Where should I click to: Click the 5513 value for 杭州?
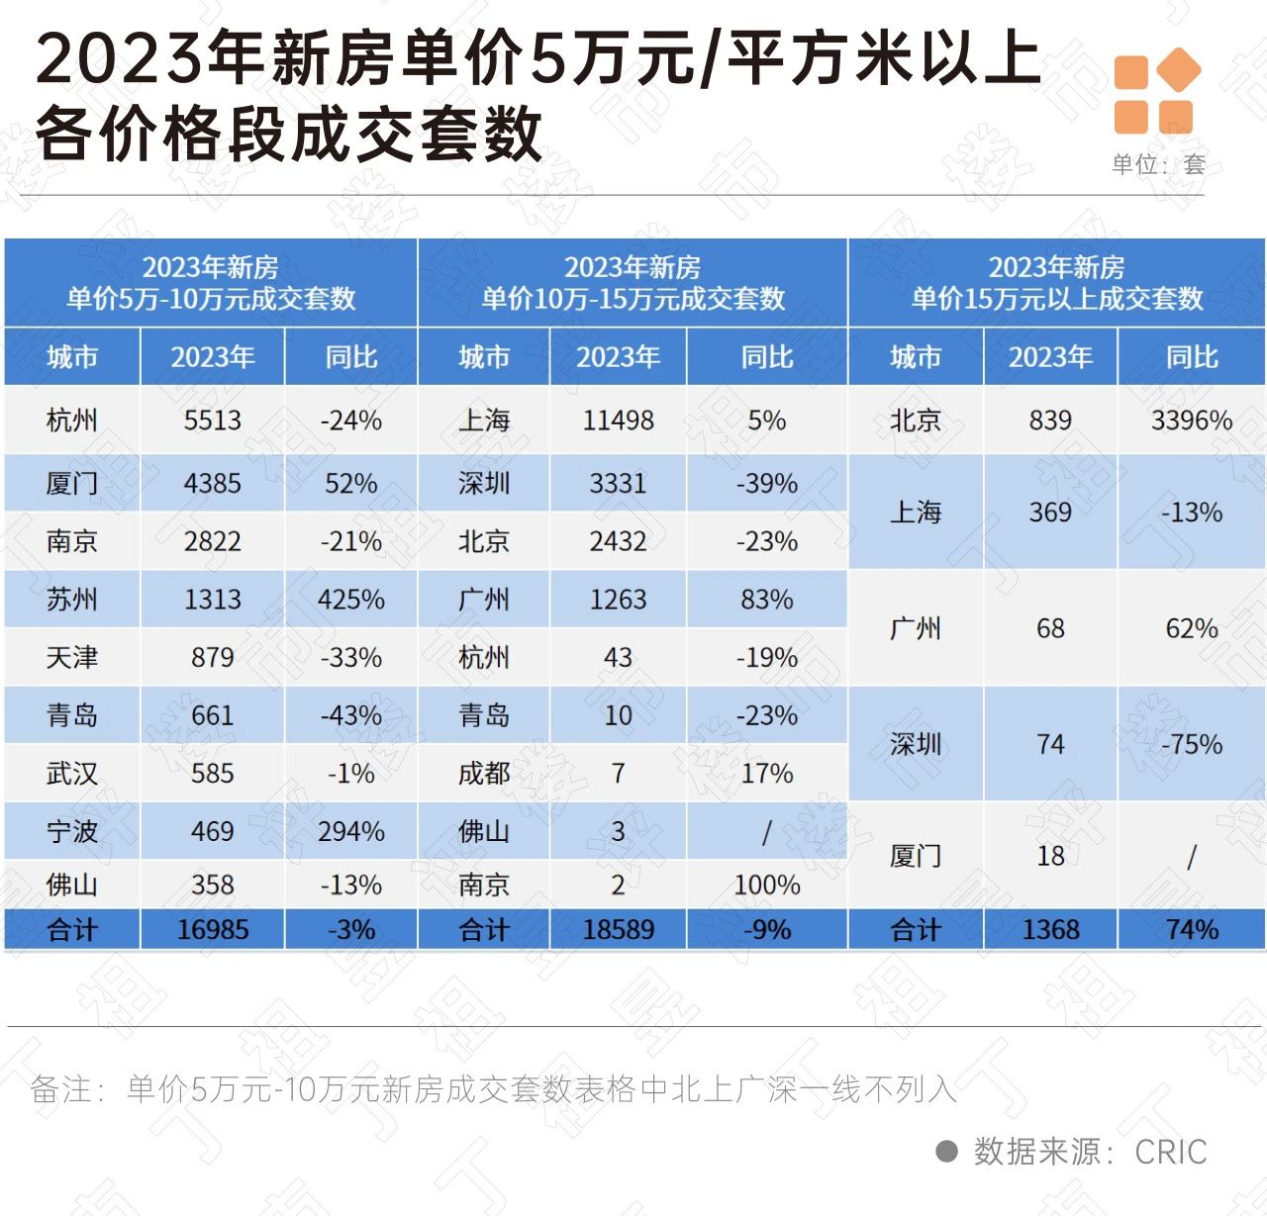pyautogui.click(x=212, y=421)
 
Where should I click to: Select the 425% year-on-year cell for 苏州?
pyautogui.click(x=350, y=600)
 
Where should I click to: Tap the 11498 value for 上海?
pyautogui.click(x=618, y=421)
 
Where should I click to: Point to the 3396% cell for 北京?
pyautogui.click(x=1191, y=421)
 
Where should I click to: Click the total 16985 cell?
pyautogui.click(x=212, y=930)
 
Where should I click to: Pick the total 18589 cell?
pyautogui.click(x=618, y=930)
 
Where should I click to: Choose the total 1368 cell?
pyautogui.click(x=1050, y=930)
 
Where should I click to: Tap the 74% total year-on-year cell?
pyautogui.click(x=1191, y=930)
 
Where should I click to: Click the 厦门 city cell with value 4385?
pyautogui.click(x=72, y=484)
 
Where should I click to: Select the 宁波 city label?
pyautogui.click(x=72, y=831)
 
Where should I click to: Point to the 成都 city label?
pyautogui.click(x=484, y=774)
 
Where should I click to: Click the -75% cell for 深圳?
pyautogui.click(x=1191, y=744)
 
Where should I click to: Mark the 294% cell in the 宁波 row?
pyautogui.click(x=350, y=831)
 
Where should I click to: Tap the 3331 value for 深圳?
pyautogui.click(x=618, y=484)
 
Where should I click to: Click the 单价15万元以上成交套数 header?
pyautogui.click(x=1056, y=283)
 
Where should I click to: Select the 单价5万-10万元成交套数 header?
pyautogui.click(x=211, y=283)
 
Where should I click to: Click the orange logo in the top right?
pyautogui.click(x=1156, y=91)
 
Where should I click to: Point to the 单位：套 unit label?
pyautogui.click(x=1157, y=164)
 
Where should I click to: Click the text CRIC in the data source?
pyautogui.click(x=1170, y=1152)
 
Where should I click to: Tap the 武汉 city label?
pyautogui.click(x=72, y=774)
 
